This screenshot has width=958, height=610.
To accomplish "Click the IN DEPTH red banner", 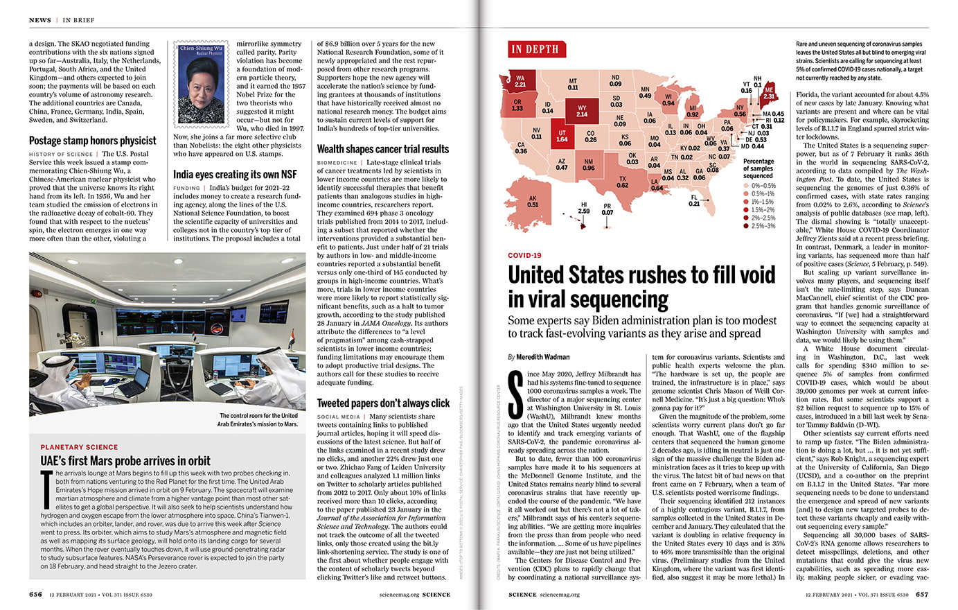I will [x=535, y=49].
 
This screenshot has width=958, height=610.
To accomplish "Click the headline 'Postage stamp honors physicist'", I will [x=93, y=141].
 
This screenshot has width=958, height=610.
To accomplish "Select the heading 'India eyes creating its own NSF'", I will [x=235, y=174].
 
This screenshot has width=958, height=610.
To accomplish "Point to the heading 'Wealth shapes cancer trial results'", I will [x=383, y=149].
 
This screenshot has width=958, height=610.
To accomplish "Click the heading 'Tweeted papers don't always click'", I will [x=383, y=403].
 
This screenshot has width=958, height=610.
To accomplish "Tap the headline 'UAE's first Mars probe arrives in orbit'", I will [x=125, y=461].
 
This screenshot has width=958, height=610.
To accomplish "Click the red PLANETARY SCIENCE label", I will [x=79, y=447].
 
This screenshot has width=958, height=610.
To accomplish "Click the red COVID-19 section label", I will [x=524, y=256].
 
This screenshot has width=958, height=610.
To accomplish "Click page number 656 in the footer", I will [x=35, y=595].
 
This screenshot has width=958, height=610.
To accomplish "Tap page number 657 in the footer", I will [x=922, y=595].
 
